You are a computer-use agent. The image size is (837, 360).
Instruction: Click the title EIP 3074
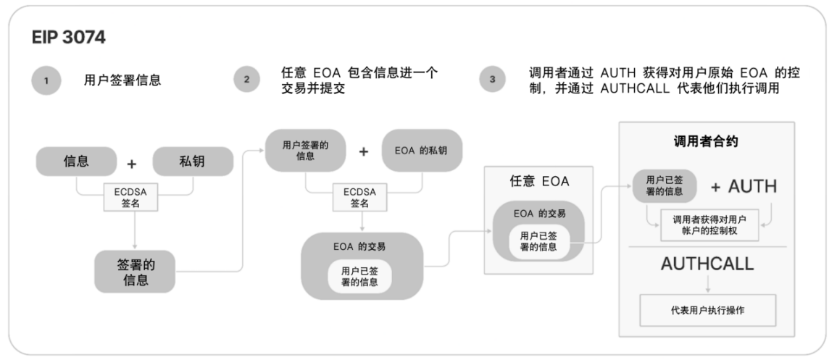click(70, 38)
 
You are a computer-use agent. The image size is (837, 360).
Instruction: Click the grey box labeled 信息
click(77, 162)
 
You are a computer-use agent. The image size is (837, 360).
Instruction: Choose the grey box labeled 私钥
click(193, 162)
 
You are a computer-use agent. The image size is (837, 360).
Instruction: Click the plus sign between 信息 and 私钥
click(131, 164)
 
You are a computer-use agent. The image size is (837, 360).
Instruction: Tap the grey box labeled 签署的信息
click(136, 271)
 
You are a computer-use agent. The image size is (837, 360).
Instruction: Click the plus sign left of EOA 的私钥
click(364, 151)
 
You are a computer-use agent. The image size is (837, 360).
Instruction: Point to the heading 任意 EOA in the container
click(539, 182)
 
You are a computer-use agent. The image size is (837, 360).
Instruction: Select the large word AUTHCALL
click(707, 264)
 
